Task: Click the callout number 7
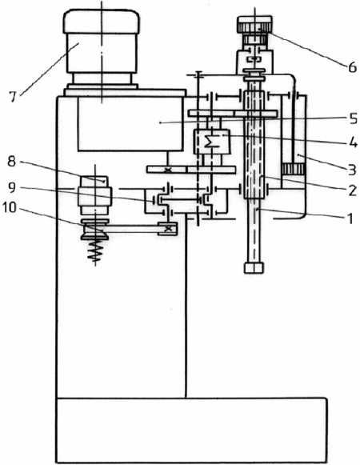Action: coord(12,97)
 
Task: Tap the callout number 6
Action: coord(352,67)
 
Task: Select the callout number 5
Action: coord(353,118)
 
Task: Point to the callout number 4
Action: coord(353,143)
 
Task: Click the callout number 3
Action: coord(352,170)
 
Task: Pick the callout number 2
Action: coord(352,190)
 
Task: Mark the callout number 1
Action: coord(350,218)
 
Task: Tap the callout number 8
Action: coord(11,162)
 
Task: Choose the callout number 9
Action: coord(11,187)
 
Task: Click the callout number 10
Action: coord(9,207)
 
